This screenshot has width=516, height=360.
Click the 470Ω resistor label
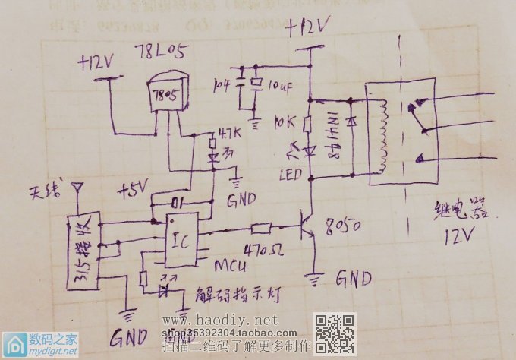(259, 248)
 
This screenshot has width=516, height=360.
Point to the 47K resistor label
(228, 134)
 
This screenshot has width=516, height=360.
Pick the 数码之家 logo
(39, 344)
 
